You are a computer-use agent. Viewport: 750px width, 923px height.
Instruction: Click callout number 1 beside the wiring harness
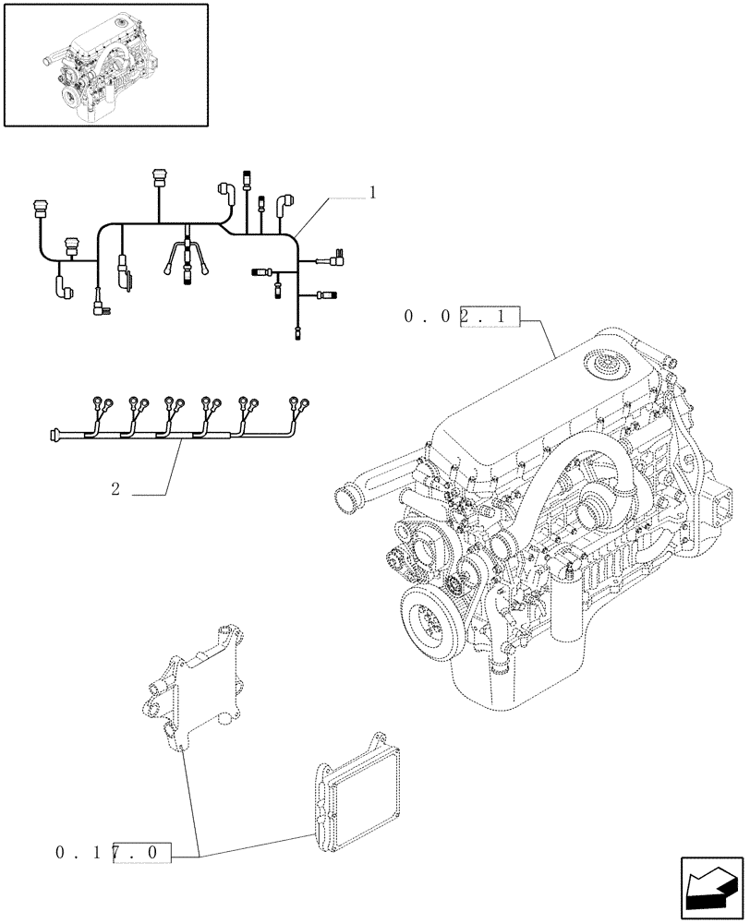(371, 193)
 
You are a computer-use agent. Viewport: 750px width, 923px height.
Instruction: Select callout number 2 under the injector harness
(115, 489)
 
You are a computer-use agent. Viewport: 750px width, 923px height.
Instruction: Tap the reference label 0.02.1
(462, 318)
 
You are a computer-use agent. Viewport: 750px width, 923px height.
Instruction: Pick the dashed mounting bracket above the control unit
(197, 687)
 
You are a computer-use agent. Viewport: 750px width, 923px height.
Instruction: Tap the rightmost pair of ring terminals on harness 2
(300, 403)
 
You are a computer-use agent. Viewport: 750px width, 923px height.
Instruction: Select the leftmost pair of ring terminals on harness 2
(103, 402)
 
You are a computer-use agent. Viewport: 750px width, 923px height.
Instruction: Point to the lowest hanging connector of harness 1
(296, 333)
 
